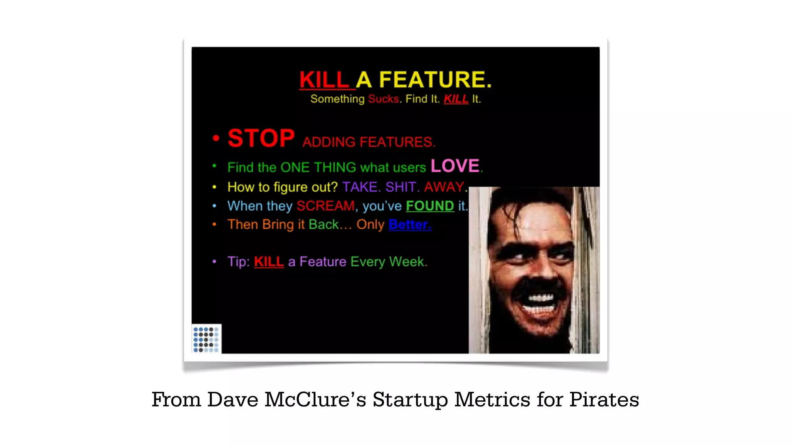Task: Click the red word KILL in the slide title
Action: pyautogui.click(x=324, y=80)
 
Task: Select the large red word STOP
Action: pyautogui.click(x=261, y=138)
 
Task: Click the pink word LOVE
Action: pyautogui.click(x=455, y=166)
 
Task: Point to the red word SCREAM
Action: pyautogui.click(x=325, y=206)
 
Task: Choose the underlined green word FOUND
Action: pyautogui.click(x=430, y=206)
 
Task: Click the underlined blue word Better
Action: pyautogui.click(x=410, y=225)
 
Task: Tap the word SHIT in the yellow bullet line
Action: pyautogui.click(x=401, y=187)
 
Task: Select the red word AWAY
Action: pyautogui.click(x=444, y=187)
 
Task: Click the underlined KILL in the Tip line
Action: pyautogui.click(x=269, y=262)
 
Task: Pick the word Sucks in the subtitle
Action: pyautogui.click(x=383, y=99)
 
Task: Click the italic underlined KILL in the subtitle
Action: pyautogui.click(x=456, y=99)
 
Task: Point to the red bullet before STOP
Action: pyautogui.click(x=216, y=138)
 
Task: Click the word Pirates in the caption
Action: pyautogui.click(x=604, y=400)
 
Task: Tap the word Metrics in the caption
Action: pyautogui.click(x=492, y=400)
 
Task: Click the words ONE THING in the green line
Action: pyautogui.click(x=318, y=167)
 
